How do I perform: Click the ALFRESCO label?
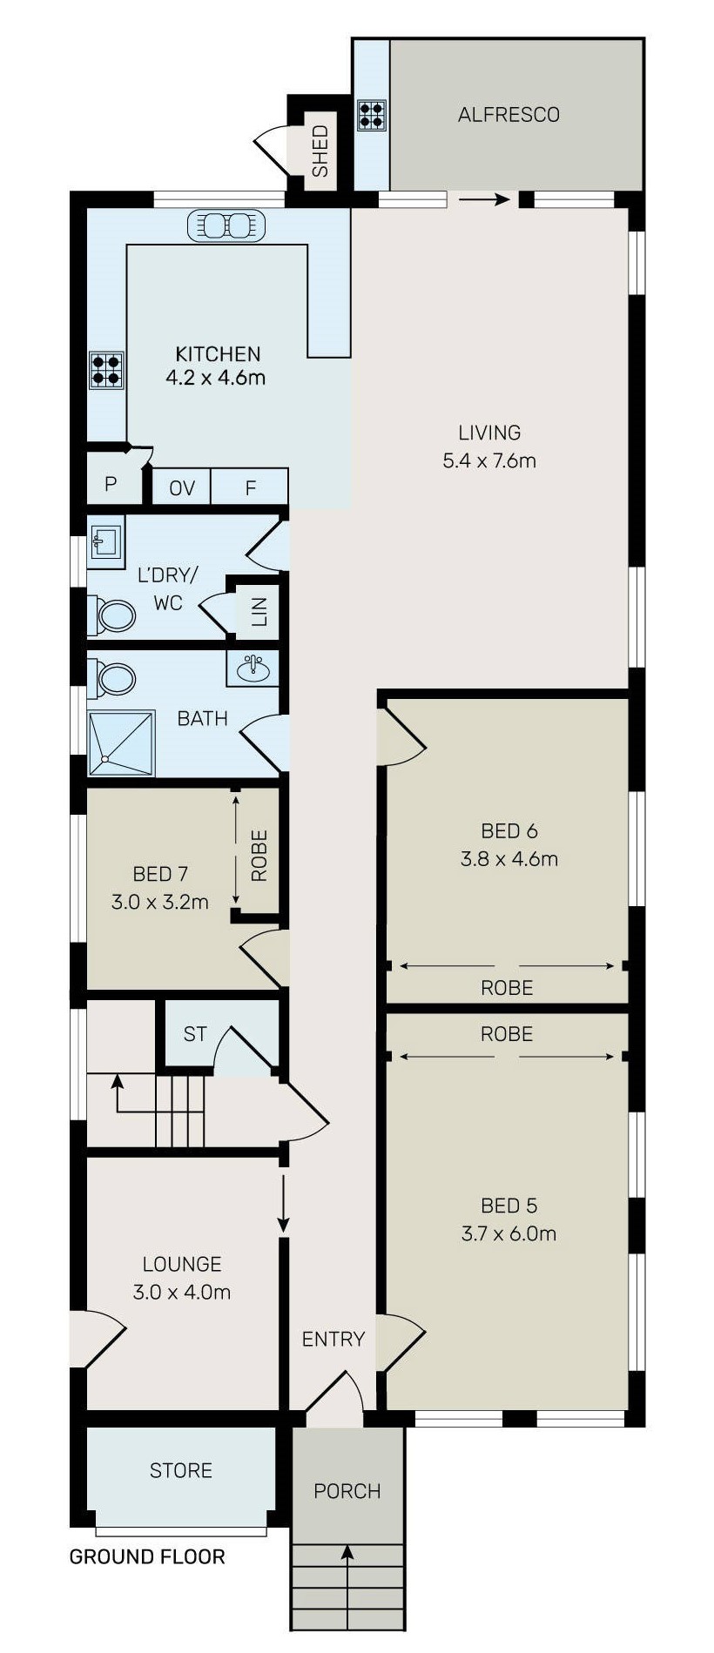(x=509, y=115)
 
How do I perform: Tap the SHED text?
(x=320, y=151)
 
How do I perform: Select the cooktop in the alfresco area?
(x=372, y=116)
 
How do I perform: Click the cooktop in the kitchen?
(x=106, y=369)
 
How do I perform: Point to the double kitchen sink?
(x=226, y=225)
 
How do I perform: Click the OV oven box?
(x=181, y=487)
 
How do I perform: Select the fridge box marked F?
(x=250, y=487)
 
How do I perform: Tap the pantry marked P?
(x=111, y=483)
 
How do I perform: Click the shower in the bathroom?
(x=121, y=743)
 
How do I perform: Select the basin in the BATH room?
(x=253, y=668)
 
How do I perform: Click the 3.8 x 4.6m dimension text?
(x=509, y=859)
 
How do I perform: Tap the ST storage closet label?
(x=195, y=1034)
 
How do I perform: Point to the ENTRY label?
(x=333, y=1339)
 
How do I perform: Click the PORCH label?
(x=347, y=1491)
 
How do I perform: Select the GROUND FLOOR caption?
(x=147, y=1557)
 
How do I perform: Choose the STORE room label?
(x=181, y=1470)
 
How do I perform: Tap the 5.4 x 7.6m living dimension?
(x=489, y=460)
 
